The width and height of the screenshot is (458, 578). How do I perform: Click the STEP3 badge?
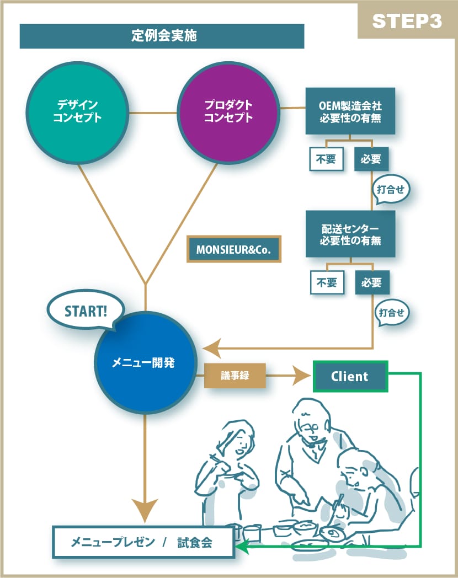tap(407, 22)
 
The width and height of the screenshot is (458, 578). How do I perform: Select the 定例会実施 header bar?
tap(162, 36)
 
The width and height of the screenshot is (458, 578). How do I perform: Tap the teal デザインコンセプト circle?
tap(77, 111)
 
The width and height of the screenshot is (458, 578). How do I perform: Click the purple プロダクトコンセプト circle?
tap(228, 111)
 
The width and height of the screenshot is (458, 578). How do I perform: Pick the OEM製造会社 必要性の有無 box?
tap(350, 111)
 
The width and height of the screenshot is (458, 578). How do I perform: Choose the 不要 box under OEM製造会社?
tap(326, 160)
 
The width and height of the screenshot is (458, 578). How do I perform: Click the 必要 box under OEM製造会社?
tap(371, 160)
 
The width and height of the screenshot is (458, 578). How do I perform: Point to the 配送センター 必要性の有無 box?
tap(350, 234)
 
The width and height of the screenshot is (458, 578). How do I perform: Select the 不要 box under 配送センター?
tap(327, 283)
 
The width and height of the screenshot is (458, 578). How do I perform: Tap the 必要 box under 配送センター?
tap(372, 283)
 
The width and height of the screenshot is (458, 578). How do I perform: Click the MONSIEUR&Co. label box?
tap(234, 249)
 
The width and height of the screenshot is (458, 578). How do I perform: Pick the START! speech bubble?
tap(86, 311)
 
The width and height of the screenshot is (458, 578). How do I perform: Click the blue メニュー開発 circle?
tap(146, 363)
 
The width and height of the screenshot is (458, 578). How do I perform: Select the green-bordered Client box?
tap(350, 377)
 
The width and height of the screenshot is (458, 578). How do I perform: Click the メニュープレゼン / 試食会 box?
tap(143, 542)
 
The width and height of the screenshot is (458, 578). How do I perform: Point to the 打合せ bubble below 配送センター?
tap(393, 313)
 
